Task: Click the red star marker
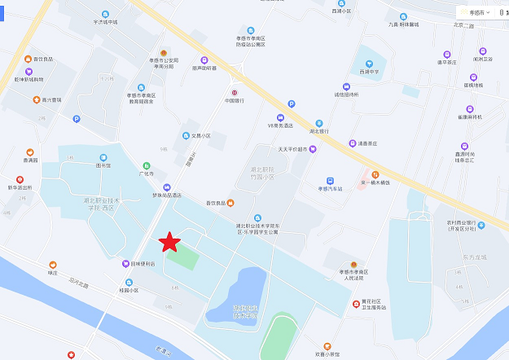169,242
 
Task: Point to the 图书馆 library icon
103,156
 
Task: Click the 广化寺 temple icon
147,165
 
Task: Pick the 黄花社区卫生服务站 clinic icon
356,304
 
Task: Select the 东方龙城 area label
472,258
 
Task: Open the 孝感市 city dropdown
476,13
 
